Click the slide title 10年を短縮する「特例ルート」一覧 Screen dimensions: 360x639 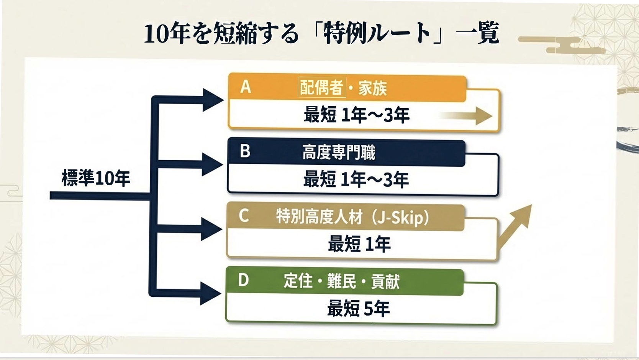click(321, 34)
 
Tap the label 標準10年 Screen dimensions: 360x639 click(96, 178)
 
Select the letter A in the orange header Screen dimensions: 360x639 click(246, 87)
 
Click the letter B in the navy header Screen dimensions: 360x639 click(245, 151)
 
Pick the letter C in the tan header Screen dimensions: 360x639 click(244, 216)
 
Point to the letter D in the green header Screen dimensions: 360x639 click(244, 280)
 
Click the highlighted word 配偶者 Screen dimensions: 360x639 click(321, 88)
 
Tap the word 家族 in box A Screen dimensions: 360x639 click(372, 89)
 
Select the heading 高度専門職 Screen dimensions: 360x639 click(339, 152)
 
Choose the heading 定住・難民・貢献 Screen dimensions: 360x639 click(341, 281)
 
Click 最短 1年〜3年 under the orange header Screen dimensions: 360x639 click(356, 115)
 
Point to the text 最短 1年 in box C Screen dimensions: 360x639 click(359, 244)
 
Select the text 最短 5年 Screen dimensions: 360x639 click(358, 308)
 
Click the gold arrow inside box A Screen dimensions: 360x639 click(467, 115)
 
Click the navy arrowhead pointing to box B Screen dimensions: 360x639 click(211, 165)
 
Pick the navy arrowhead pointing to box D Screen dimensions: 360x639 click(211, 294)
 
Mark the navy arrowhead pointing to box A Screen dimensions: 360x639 click(212, 100)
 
